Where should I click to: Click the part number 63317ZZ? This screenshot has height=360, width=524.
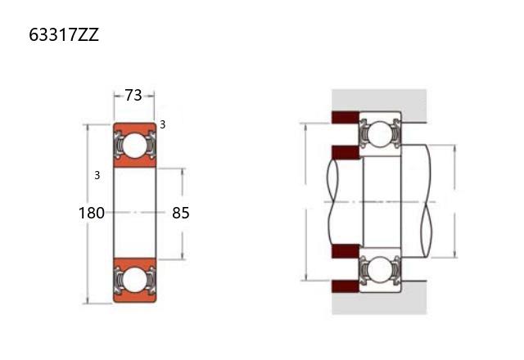[64, 34]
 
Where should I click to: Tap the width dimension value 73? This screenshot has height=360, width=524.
[133, 96]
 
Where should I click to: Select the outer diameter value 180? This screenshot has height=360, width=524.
[91, 213]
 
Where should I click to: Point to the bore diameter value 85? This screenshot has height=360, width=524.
[181, 213]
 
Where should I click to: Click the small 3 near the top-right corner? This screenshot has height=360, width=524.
[162, 124]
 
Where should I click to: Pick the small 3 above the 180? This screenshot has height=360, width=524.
[97, 175]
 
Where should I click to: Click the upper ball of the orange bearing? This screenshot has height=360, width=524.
[134, 146]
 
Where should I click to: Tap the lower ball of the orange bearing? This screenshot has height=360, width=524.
[134, 279]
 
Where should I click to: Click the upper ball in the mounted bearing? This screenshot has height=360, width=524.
[380, 134]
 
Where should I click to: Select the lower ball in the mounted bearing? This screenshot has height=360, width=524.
[380, 270]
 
